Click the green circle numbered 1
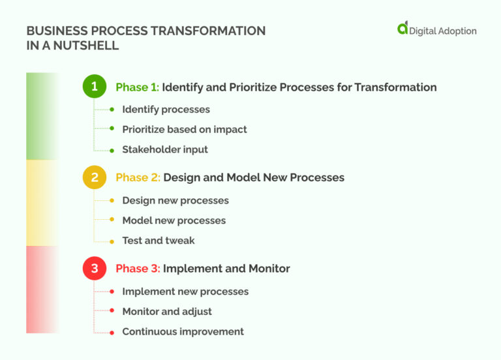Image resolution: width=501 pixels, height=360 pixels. (x=95, y=87)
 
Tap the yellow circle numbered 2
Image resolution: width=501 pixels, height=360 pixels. (x=95, y=177)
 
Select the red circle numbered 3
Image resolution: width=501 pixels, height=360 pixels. (x=95, y=268)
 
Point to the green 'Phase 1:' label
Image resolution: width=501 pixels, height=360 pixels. (x=137, y=87)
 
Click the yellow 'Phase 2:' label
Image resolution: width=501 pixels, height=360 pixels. (x=138, y=177)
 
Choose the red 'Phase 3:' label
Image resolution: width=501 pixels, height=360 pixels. (x=138, y=268)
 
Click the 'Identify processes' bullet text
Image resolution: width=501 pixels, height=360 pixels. (x=166, y=110)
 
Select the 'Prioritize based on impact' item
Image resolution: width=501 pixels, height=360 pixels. (x=184, y=129)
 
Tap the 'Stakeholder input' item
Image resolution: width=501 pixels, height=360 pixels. (x=165, y=149)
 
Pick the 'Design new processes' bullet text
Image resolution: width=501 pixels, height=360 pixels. (x=175, y=200)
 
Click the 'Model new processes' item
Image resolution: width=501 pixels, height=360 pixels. (x=174, y=220)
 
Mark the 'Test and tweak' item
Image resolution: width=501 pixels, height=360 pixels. (x=159, y=241)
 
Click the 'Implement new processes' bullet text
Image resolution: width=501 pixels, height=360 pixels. (x=185, y=292)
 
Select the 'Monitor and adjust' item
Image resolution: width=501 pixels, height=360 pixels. (x=167, y=311)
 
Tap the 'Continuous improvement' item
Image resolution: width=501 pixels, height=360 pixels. (x=183, y=331)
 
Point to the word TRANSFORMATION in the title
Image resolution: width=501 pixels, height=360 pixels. (x=212, y=31)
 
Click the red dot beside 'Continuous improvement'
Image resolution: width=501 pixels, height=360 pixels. (x=112, y=331)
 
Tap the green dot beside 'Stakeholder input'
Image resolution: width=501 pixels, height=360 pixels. (x=112, y=149)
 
